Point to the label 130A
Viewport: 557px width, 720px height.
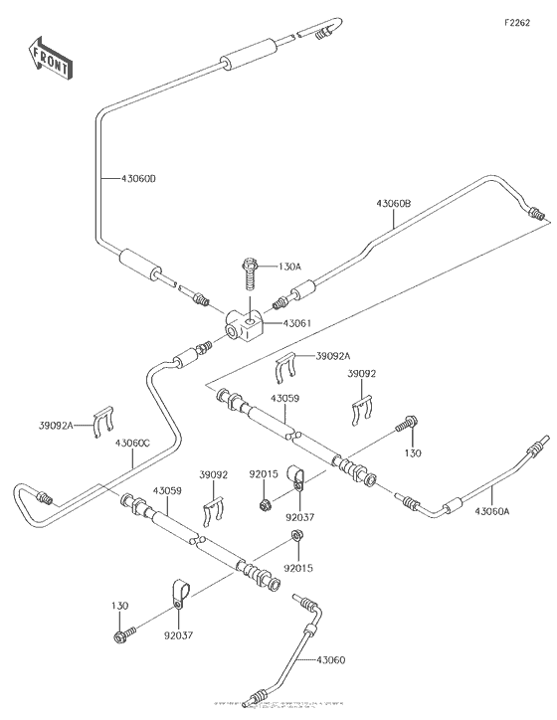tap(289, 266)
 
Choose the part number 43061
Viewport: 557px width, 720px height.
tap(297, 323)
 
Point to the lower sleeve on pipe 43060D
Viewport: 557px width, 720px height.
tap(139, 267)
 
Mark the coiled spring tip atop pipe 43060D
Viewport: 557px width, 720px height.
tap(324, 36)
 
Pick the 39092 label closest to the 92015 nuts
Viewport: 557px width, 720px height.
tap(214, 475)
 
